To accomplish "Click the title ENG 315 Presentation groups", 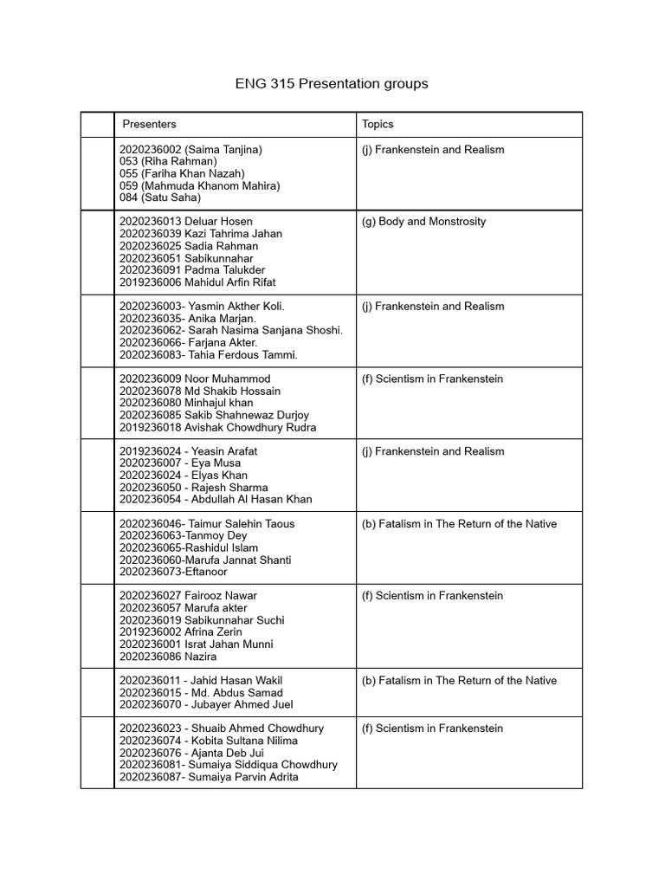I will pos(332,84).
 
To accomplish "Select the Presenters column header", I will pos(149,124).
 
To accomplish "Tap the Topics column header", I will pos(378,124).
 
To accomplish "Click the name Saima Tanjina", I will pos(223,150).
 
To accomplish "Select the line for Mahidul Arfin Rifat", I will pos(197,282).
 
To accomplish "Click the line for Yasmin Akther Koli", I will pos(202,307).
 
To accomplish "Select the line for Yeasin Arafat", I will pos(188,451).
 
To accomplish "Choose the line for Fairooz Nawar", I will pos(188,596).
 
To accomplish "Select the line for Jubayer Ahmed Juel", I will pos(206,705).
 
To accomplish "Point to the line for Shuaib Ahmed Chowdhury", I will pos(222,728).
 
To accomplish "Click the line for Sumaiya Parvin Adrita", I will pos(209,777).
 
